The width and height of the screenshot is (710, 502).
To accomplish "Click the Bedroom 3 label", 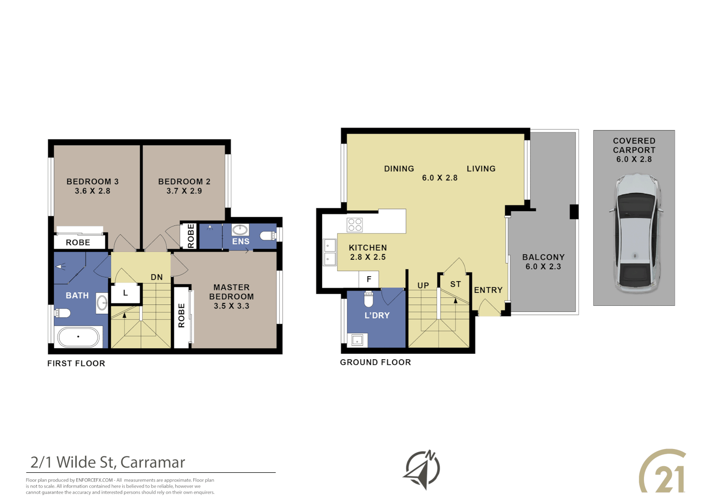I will coord(92,181).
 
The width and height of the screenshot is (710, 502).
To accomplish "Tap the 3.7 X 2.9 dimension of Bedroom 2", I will coord(184,191).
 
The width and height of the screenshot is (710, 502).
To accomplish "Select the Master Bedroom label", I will coord(231,292).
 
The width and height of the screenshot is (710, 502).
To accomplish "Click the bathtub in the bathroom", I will coord(78,337).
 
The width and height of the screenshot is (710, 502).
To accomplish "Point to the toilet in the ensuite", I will coord(268,236).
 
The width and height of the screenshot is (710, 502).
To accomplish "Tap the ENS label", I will coord(241,241).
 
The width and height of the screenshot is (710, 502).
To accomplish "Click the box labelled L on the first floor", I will coord(125,293).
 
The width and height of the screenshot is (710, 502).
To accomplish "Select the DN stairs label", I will coord(157,277).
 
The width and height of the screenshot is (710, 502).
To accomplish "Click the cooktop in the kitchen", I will coord(355,225).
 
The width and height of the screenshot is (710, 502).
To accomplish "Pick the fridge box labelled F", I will coord(369,279).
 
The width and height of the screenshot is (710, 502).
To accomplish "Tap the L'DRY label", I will coord(377,315).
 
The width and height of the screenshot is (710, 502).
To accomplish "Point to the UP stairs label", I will coord(423,285).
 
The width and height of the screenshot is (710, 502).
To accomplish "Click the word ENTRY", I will coord(488,290).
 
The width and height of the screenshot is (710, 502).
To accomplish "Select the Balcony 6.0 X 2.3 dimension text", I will coord(543,267).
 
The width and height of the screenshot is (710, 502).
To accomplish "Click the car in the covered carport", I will coord(635,234).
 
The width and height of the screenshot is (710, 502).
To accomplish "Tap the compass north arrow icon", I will coord(421,469).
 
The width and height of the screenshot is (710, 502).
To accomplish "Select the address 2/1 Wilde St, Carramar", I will coord(108,462).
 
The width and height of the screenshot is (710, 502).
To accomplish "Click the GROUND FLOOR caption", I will coord(375,362).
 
